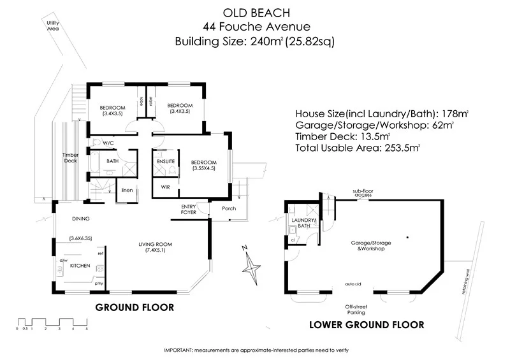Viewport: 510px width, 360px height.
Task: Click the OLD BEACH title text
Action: [255, 11]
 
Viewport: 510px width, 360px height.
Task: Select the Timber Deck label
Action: [70, 158]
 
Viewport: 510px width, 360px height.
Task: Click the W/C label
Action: [108, 143]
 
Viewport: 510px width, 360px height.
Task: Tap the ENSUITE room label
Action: [166, 162]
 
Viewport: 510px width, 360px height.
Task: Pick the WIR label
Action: [164, 187]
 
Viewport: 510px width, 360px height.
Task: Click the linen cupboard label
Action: [127, 190]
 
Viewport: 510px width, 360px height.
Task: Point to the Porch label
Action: [228, 208]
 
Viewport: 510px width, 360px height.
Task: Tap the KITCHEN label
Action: [80, 266]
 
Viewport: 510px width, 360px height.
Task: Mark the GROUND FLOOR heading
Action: [135, 307]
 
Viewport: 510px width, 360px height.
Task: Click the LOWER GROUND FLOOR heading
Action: [367, 324]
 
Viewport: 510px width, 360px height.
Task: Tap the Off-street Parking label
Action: [356, 310]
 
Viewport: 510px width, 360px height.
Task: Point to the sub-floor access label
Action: [363, 192]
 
